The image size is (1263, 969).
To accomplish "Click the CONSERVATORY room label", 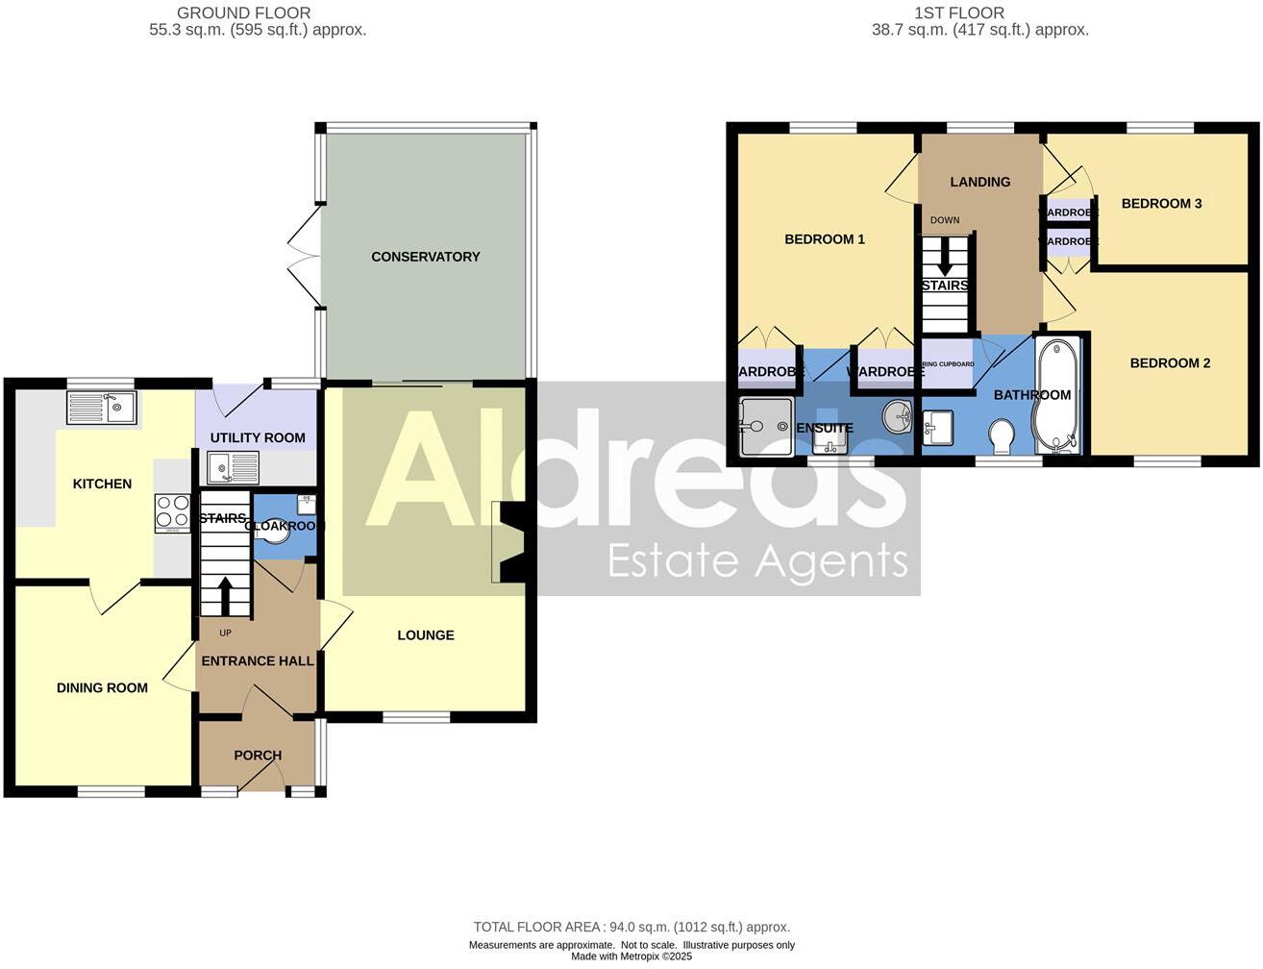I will (425, 257).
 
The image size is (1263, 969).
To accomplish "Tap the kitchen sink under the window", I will (101, 408).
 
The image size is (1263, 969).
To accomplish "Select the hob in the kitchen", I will (172, 512).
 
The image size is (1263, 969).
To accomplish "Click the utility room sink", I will (233, 468).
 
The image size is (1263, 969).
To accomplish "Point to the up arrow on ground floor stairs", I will (225, 595).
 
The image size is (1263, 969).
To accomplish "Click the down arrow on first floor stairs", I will (945, 256).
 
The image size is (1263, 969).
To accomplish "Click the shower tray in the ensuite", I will (765, 426).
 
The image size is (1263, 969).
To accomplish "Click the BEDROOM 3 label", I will (1161, 204).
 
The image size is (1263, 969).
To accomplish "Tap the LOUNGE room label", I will (425, 635).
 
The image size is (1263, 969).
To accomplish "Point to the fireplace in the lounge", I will (509, 542).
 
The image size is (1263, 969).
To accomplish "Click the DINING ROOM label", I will (102, 688).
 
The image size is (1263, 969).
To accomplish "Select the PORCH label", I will (258, 756).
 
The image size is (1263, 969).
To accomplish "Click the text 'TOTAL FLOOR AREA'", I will (538, 928).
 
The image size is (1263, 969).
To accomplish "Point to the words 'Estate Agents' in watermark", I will (757, 560).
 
